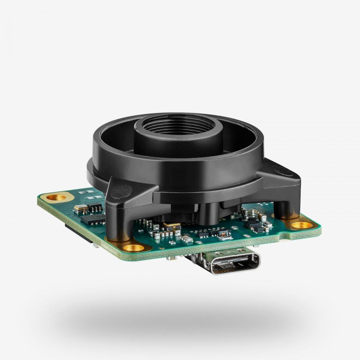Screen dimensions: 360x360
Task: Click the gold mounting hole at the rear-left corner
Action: (57, 196)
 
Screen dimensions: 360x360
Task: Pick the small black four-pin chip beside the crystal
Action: (94, 207)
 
